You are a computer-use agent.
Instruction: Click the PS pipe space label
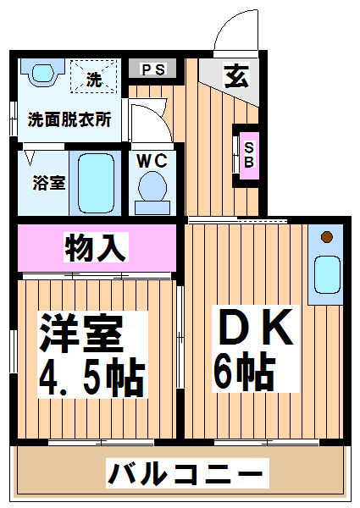152,69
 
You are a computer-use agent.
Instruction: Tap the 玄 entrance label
237,76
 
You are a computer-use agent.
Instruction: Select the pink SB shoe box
249,155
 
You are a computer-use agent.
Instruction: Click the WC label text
152,160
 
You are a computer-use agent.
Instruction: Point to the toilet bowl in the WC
152,187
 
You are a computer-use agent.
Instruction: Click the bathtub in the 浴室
97,183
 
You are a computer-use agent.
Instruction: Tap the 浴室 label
48,183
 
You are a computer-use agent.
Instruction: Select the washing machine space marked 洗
94,76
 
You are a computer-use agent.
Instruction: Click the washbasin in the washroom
42,72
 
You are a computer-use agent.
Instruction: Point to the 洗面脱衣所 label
69,119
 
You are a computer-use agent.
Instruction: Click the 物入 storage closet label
96,247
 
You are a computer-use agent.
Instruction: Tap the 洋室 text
81,333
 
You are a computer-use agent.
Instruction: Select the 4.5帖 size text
91,377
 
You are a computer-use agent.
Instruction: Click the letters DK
256,327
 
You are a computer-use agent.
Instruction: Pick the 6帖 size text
245,371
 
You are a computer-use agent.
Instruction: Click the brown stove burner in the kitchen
327,237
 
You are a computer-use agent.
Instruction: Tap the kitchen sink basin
327,274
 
